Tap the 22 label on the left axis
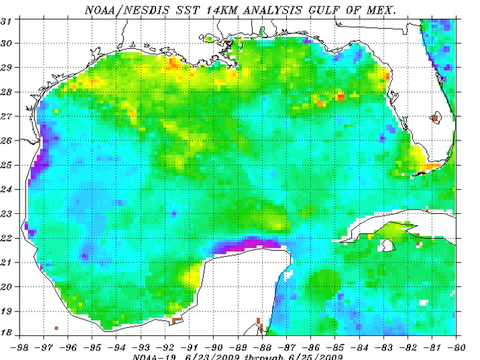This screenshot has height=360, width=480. [8, 238]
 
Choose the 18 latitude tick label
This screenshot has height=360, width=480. [8, 334]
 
